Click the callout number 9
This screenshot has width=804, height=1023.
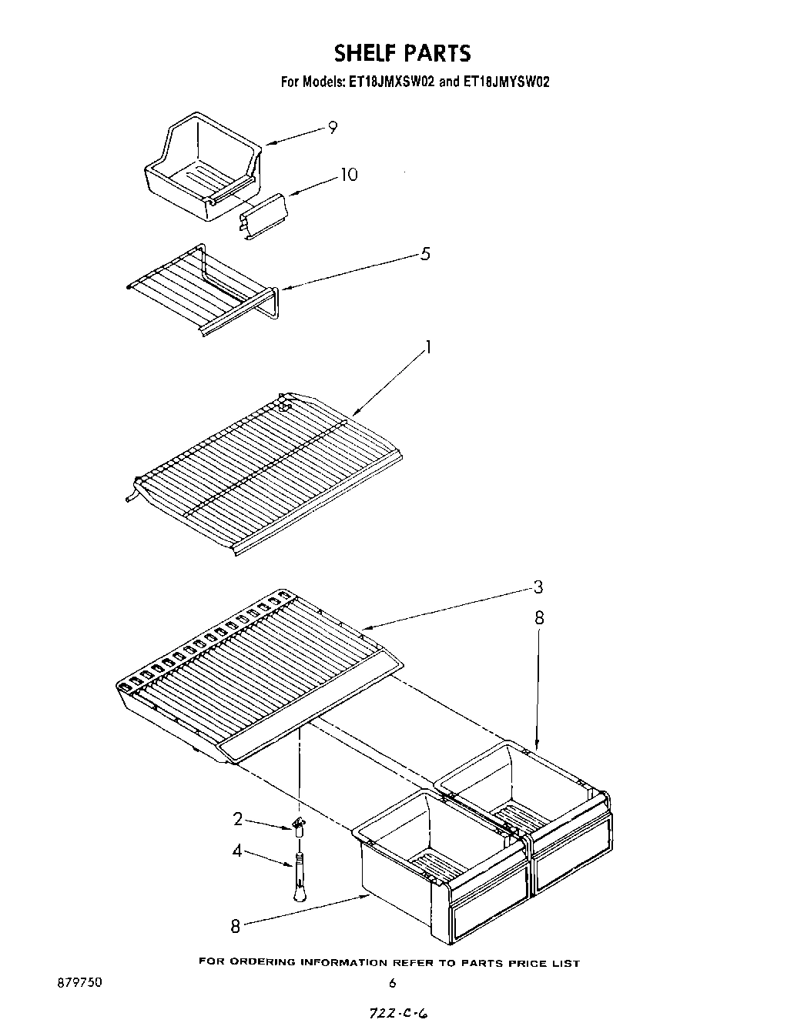click(333, 128)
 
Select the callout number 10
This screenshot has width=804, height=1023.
click(349, 175)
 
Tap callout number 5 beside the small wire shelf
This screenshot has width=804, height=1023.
click(425, 254)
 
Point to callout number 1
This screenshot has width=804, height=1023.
click(428, 347)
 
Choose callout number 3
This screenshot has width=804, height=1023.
click(538, 587)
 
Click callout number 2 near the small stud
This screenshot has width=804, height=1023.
click(238, 819)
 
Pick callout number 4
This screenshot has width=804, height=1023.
click(237, 851)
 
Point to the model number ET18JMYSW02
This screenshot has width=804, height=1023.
click(505, 81)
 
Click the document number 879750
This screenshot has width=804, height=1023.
click(79, 983)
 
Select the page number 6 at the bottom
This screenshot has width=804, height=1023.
click(392, 983)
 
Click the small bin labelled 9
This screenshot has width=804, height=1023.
click(202, 165)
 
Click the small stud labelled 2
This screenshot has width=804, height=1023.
click(299, 827)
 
